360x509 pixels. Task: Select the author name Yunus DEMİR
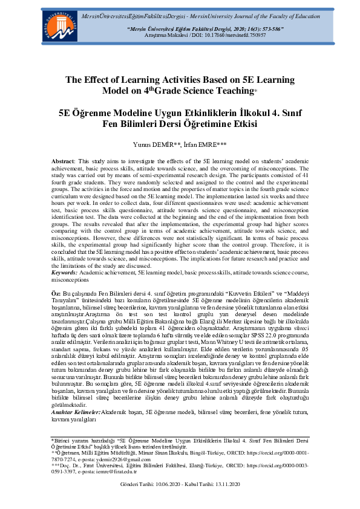tap(148, 144)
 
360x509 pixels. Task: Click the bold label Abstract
tap(62, 163)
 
